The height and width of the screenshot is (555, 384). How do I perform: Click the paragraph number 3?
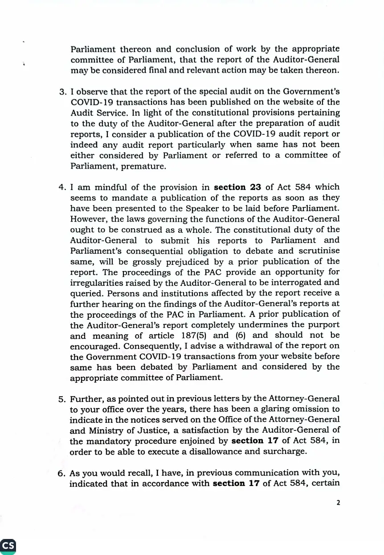[x=62, y=92]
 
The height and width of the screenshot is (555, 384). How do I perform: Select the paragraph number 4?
[x=62, y=187]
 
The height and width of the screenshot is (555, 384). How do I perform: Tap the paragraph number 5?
[x=62, y=399]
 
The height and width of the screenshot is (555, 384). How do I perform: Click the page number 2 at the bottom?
[x=338, y=502]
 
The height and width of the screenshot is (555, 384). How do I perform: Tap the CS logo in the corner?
[x=8, y=546]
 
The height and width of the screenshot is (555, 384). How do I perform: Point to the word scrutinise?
[x=319, y=251]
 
